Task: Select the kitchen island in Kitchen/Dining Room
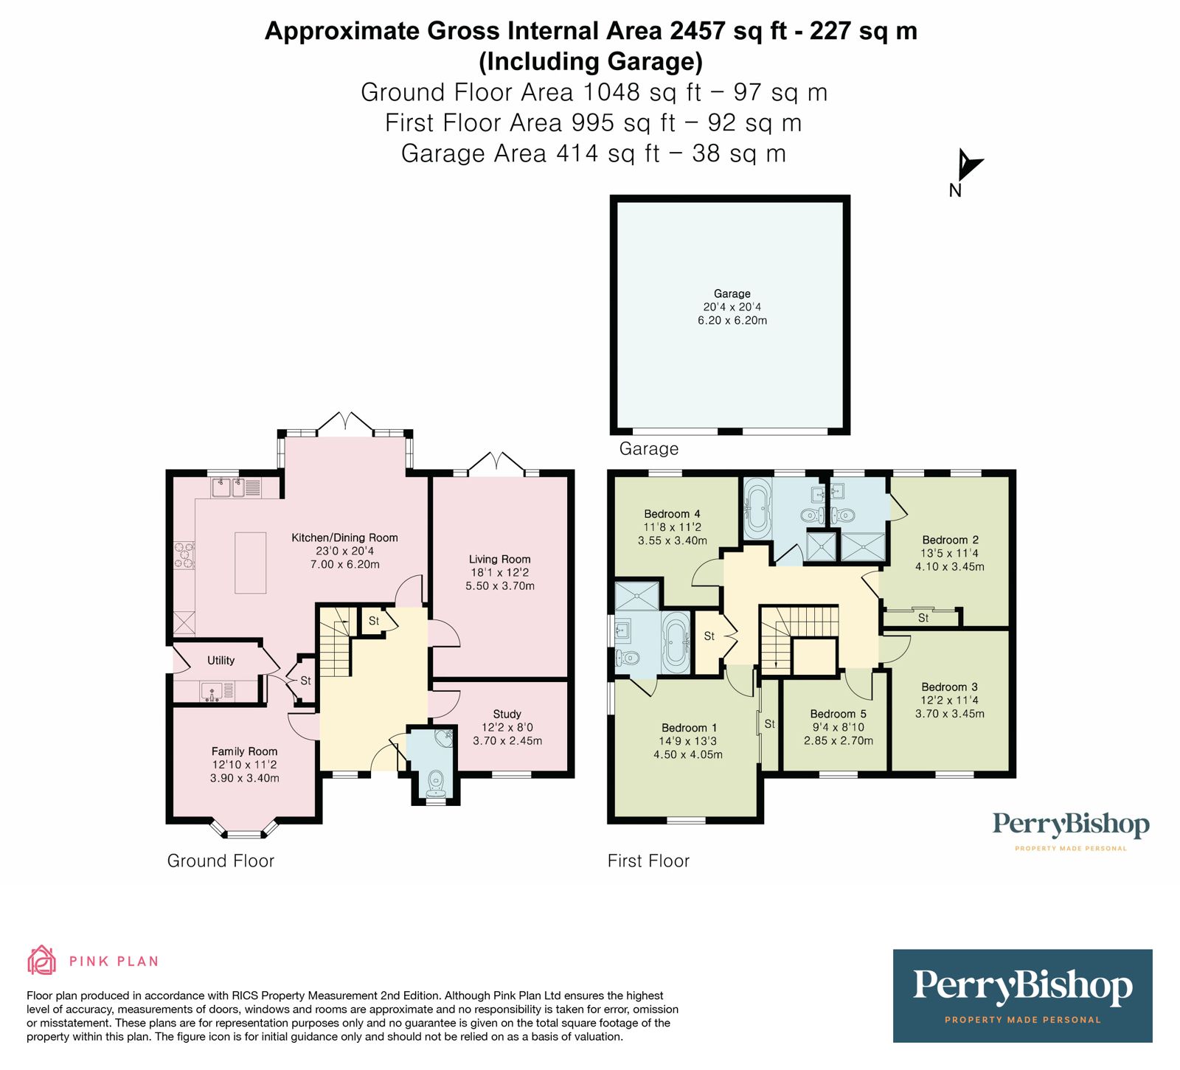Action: click(251, 562)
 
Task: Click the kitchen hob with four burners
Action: click(184, 555)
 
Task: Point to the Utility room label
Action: click(221, 660)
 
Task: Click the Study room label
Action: click(507, 714)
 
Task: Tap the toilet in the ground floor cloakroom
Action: click(436, 782)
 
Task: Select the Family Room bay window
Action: click(244, 832)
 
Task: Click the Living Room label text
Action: click(499, 559)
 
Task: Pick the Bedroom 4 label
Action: click(672, 514)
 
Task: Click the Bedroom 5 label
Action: click(838, 714)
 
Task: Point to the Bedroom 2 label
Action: click(950, 540)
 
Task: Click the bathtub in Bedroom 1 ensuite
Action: click(676, 642)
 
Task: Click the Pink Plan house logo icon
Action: click(41, 960)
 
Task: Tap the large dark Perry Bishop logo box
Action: click(1022, 995)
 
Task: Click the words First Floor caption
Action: click(648, 861)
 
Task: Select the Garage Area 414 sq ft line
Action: click(593, 153)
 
